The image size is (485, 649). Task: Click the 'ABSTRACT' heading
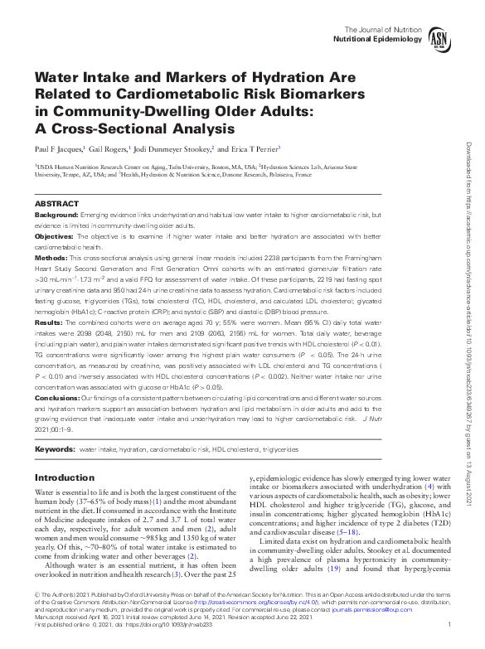(x=57, y=204)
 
